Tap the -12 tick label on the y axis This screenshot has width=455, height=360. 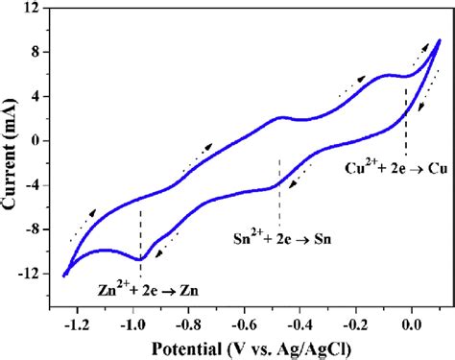(x=33, y=275)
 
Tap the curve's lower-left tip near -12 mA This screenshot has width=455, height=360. (x=65, y=276)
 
